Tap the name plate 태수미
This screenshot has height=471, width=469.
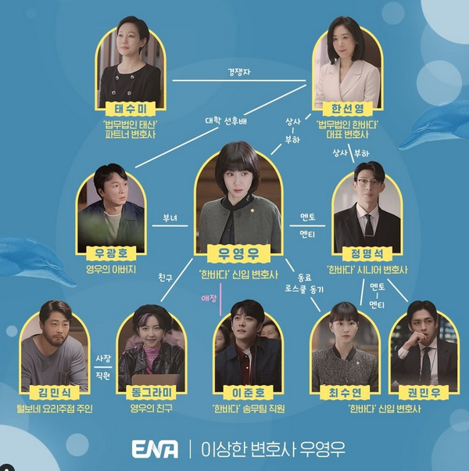click(131, 109)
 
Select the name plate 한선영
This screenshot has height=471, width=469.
click(348, 109)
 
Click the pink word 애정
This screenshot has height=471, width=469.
click(209, 299)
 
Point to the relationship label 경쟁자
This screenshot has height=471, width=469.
click(239, 73)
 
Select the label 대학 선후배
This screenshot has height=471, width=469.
click(226, 121)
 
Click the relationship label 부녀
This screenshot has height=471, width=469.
click(170, 218)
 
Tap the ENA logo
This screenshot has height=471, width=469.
click(155, 449)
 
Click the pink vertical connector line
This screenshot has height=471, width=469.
click(221, 300)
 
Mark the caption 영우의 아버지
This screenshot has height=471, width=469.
click(111, 269)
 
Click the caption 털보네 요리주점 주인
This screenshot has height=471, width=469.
click(55, 408)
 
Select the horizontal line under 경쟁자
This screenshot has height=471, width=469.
click(239, 81)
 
